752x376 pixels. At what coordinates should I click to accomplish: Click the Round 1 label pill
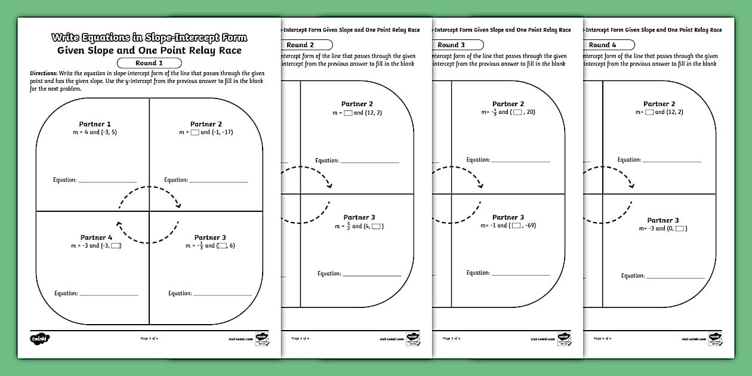click(149, 63)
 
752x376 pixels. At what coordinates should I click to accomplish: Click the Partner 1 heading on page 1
click(95, 124)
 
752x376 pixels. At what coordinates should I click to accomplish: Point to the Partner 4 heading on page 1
click(96, 238)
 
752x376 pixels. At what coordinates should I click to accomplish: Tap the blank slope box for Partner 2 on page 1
click(195, 132)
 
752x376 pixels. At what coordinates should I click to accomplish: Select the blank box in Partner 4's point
click(115, 246)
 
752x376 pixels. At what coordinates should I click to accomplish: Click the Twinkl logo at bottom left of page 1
click(39, 339)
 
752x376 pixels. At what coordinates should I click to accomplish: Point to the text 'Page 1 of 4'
click(149, 338)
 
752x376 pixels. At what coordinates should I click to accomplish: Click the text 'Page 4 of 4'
click(602, 338)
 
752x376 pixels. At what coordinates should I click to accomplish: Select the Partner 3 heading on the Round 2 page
click(359, 217)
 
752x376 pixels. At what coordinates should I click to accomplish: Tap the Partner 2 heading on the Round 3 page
click(508, 104)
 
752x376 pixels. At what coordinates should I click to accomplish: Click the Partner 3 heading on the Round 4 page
click(663, 220)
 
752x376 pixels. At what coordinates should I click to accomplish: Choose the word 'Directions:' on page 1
click(44, 73)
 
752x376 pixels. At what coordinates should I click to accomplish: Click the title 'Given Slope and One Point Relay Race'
click(149, 50)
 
